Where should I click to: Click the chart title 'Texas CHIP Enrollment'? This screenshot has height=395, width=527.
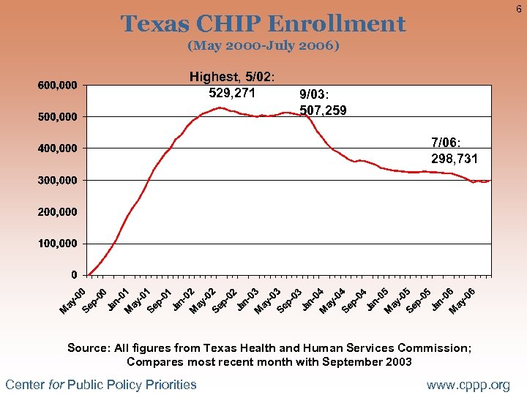263,24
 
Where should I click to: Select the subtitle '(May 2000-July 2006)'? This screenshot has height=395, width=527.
263,45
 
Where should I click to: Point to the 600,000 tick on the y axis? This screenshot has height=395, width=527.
58,86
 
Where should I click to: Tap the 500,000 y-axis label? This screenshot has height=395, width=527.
58,117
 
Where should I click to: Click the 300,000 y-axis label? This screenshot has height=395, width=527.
58,180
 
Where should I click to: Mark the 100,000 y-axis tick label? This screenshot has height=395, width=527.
58,243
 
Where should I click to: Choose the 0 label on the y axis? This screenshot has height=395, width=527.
74,275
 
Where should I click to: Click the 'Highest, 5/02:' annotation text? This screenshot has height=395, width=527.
232,77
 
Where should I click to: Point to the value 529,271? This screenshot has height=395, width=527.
232,93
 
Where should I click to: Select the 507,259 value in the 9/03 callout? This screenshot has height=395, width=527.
323,111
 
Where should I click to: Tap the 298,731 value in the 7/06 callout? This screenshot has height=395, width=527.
455,158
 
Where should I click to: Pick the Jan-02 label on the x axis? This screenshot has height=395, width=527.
182,300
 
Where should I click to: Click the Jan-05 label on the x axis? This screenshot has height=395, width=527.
376,300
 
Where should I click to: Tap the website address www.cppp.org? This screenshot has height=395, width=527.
468,385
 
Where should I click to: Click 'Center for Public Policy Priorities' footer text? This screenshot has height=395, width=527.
101,385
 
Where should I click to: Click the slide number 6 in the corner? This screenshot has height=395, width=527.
517,8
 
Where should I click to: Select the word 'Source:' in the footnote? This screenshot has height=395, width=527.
86,348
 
